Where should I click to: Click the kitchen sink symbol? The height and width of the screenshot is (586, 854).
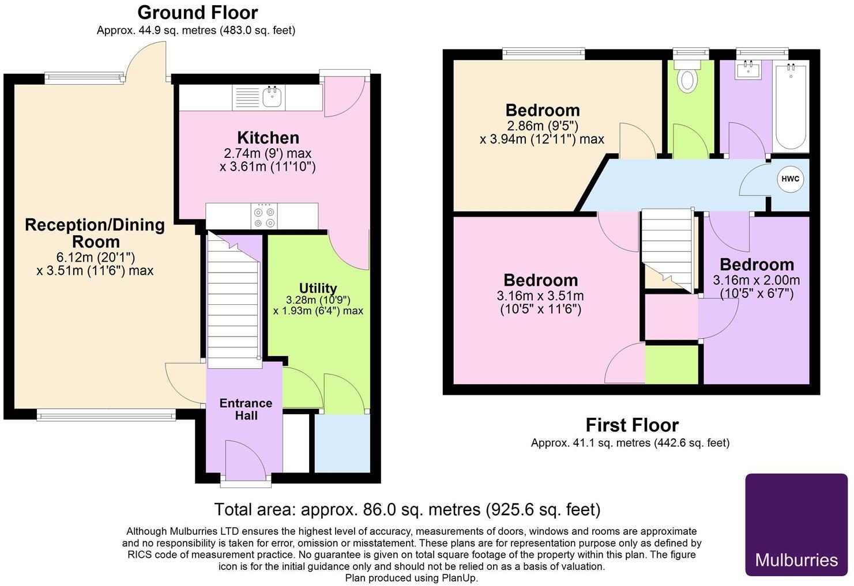(272, 97)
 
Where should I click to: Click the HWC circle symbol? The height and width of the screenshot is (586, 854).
(790, 179)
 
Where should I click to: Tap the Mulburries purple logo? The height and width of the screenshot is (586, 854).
(796, 524)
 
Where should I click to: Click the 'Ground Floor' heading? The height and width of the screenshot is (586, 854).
(197, 12)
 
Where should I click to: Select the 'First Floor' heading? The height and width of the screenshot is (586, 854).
(632, 425)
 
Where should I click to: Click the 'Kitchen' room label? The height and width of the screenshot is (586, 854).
(268, 138)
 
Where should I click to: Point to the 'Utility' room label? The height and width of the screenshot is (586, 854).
(318, 288)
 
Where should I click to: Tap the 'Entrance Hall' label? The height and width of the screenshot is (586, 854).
(246, 409)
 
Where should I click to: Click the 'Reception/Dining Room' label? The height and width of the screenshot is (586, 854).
(95, 233)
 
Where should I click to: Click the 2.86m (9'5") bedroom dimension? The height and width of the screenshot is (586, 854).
(541, 126)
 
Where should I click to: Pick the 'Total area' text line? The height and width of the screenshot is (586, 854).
(407, 509)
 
